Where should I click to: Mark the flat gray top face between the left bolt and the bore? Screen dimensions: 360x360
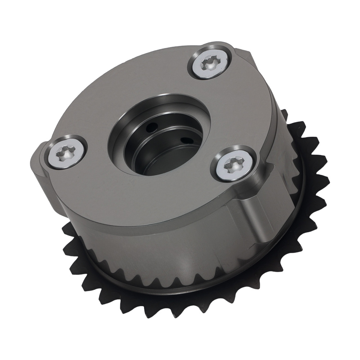(x=94, y=144)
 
